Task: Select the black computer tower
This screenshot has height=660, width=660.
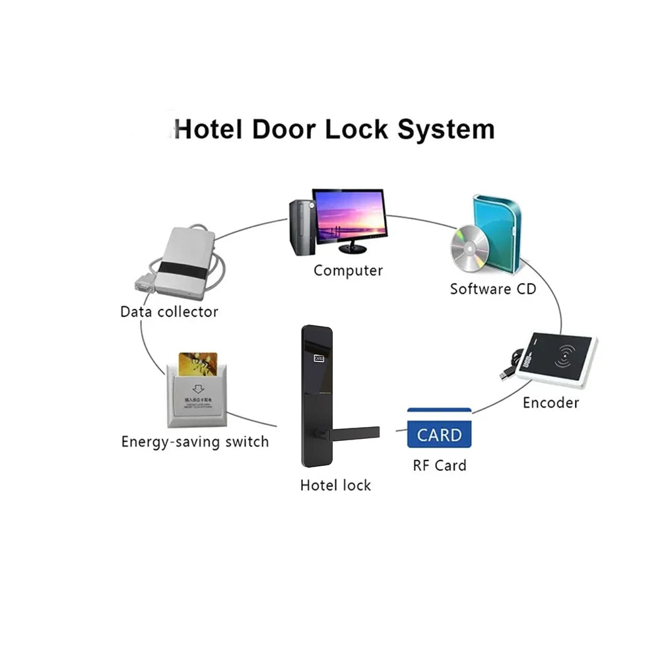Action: [x=300, y=228]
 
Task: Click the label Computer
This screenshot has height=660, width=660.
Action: [x=348, y=270]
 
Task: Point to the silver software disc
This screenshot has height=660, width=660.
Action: [x=469, y=249]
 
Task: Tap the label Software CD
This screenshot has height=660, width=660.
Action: [x=493, y=288]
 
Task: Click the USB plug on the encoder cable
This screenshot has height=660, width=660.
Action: [x=506, y=374]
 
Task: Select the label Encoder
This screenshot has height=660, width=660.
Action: [x=550, y=403]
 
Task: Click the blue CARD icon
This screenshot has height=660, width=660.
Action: [x=440, y=434]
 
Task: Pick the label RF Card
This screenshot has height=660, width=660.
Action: [x=440, y=465]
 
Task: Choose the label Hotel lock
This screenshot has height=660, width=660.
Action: [x=335, y=485]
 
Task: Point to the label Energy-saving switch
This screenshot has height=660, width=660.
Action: [x=195, y=442]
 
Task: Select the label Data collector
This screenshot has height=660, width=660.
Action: [x=169, y=312]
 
